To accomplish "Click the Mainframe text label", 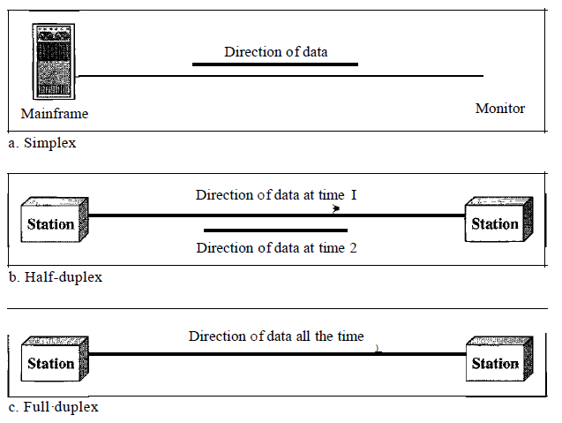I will (x=55, y=114).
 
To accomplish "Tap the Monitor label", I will (x=500, y=109).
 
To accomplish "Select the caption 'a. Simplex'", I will (x=43, y=141).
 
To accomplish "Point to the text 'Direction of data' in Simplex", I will (x=275, y=52).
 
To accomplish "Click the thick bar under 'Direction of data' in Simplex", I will (x=275, y=64).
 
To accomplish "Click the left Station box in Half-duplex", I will (x=54, y=221).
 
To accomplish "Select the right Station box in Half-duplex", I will (x=498, y=221).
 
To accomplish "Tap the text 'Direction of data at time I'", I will (x=275, y=195).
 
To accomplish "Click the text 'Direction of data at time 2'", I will (x=276, y=247).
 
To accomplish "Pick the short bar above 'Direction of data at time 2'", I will (x=275, y=230).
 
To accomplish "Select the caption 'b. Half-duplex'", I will (x=56, y=277).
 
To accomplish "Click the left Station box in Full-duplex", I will (x=54, y=361).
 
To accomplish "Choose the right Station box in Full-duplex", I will (x=498, y=361).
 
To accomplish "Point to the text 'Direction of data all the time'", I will (x=275, y=336).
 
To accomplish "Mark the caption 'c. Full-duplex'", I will (x=54, y=408).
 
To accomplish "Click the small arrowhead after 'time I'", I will (x=336, y=210).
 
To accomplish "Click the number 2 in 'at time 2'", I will (x=353, y=247).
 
